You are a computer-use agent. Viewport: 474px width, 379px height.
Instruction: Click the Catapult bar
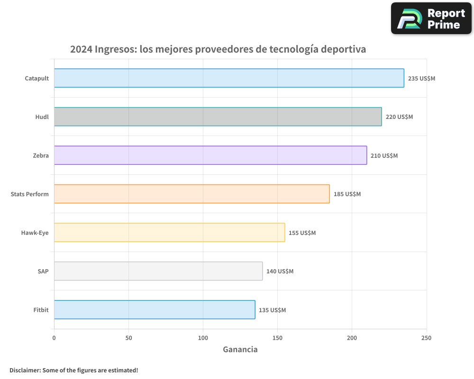[x=229, y=78]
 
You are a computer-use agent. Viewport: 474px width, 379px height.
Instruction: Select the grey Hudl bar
[x=218, y=117]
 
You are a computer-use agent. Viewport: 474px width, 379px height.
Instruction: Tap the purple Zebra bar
[x=210, y=155]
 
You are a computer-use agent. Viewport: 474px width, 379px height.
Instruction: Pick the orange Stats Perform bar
[x=191, y=194]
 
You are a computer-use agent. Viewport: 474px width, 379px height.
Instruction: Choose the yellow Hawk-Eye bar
[x=169, y=233]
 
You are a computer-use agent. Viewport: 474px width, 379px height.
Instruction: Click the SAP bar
[x=158, y=271]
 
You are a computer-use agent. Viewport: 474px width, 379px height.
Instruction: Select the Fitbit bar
[x=155, y=310]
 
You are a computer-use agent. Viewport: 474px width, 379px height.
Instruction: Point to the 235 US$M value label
[x=421, y=78]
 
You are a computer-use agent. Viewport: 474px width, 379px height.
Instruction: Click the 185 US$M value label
[x=347, y=194]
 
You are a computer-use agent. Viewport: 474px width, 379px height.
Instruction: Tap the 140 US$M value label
[x=280, y=271]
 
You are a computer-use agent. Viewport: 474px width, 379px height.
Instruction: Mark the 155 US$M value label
[x=302, y=233]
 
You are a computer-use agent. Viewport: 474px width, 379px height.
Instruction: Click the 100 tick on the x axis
[x=203, y=338]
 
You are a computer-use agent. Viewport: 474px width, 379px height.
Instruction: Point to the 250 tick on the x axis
[x=426, y=338]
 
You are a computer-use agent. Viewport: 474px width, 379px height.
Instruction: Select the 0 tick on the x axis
[x=54, y=338]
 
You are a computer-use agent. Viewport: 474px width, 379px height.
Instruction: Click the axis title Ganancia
[x=240, y=350]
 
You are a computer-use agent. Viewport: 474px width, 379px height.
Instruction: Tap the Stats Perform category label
[x=29, y=194]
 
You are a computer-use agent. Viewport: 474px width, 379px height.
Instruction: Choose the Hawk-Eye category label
[x=35, y=233]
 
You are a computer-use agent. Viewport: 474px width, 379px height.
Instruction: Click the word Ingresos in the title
[x=116, y=49]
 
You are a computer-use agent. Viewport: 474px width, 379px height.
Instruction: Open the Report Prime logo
[x=431, y=18]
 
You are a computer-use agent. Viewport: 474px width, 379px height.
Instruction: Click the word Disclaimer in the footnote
[x=25, y=370]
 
